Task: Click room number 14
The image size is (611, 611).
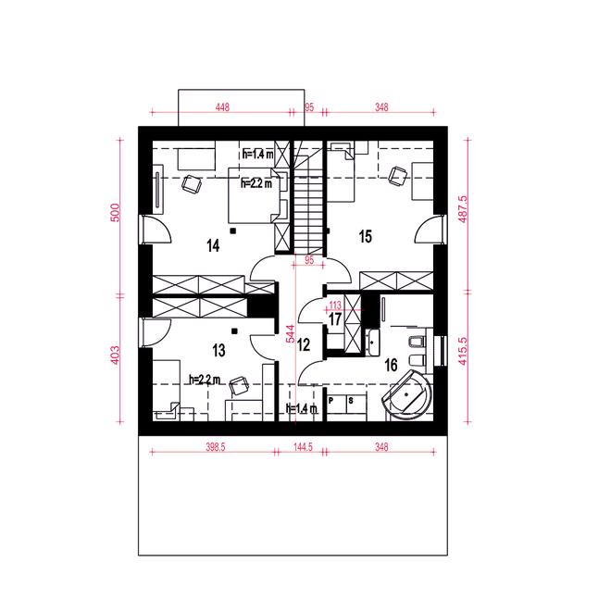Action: coord(213,246)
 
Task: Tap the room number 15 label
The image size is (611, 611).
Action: coord(366,236)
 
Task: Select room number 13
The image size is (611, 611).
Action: coord(219,350)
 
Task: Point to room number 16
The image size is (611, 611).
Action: coord(391,365)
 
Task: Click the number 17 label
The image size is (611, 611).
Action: coord(335,319)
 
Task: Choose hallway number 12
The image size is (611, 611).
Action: coord(304,345)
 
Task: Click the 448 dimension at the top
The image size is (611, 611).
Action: coord(222,106)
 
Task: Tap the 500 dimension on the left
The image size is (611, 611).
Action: coord(116,212)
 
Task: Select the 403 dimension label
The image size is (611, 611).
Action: coord(116,355)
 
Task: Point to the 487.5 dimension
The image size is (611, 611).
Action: coord(463,209)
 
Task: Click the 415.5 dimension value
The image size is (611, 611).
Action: coord(463,351)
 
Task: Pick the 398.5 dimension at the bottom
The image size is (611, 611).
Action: coord(216,447)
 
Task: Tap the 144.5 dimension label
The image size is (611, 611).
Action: coord(303,447)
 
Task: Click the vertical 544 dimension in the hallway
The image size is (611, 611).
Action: coord(291,334)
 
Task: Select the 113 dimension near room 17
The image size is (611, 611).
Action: coord(335,305)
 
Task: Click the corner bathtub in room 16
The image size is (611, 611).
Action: coord(408,394)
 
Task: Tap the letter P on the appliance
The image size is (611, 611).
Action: coord(331,400)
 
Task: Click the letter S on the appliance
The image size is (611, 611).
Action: coord(351,400)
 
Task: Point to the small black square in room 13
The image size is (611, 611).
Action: coord(234,331)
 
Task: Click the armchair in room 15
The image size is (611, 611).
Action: coord(397,176)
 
